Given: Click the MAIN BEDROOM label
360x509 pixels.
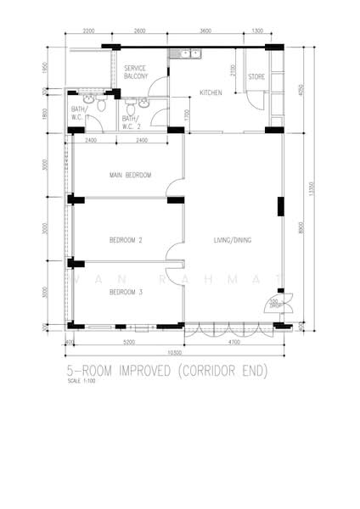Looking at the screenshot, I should click(x=130, y=176).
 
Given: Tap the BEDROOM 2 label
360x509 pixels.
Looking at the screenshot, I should click(x=126, y=241).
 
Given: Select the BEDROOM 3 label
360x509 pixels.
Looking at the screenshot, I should click(x=126, y=293).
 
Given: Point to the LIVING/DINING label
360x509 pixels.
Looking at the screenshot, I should click(x=232, y=241).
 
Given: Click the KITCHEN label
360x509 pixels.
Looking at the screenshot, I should click(x=211, y=92).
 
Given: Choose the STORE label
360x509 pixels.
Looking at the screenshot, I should click(x=256, y=77).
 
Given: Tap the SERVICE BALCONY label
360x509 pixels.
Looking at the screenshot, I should click(x=136, y=72).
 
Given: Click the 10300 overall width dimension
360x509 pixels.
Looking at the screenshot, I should click(x=174, y=351).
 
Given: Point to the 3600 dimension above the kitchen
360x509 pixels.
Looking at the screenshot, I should click(x=205, y=31).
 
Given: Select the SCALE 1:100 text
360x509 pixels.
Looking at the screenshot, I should click(x=82, y=381).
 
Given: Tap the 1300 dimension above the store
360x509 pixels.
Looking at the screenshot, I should click(x=256, y=31).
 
